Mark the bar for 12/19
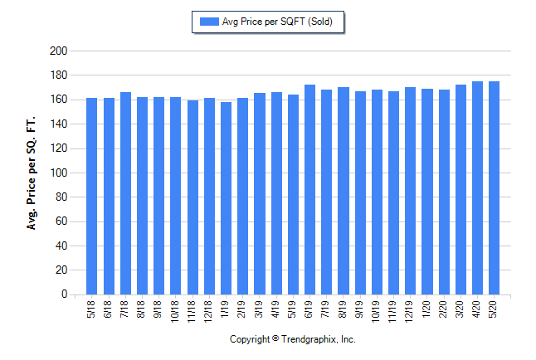click(410, 191)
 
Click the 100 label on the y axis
click(58, 173)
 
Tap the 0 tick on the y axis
click(63, 294)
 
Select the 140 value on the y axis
click(58, 124)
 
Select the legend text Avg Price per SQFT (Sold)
click(277, 22)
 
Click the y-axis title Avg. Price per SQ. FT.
click(32, 173)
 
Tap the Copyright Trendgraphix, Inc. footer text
click(292, 340)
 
